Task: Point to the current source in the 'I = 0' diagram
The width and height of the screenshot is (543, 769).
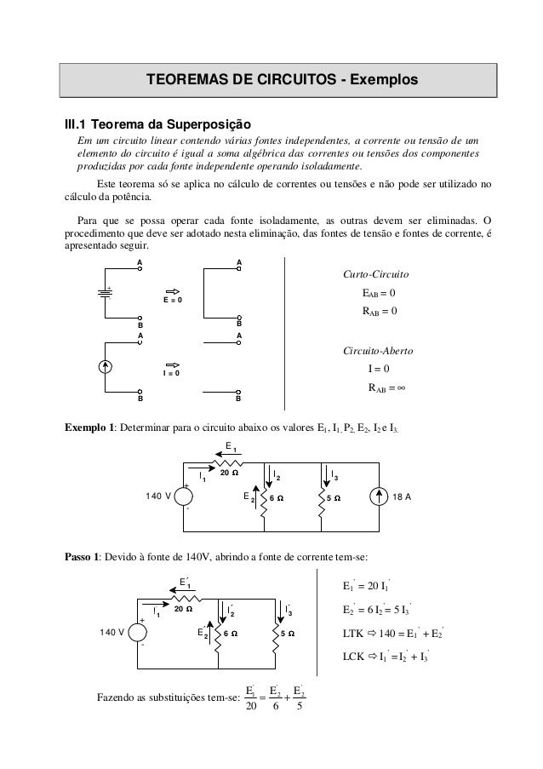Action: (105, 368)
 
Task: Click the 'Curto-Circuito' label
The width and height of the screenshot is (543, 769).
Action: (375, 276)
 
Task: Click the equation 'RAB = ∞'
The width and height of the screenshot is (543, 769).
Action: (386, 387)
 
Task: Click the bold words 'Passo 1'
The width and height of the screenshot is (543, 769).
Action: (85, 557)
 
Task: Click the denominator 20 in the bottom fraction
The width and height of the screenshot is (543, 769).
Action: (249, 704)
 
